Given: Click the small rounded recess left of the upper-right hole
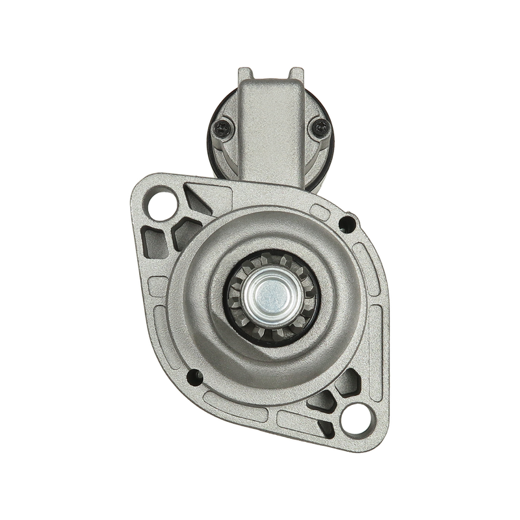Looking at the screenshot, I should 322,211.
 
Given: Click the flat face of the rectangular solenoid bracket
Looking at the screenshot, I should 270,123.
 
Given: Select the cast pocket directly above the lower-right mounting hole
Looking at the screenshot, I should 341,383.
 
